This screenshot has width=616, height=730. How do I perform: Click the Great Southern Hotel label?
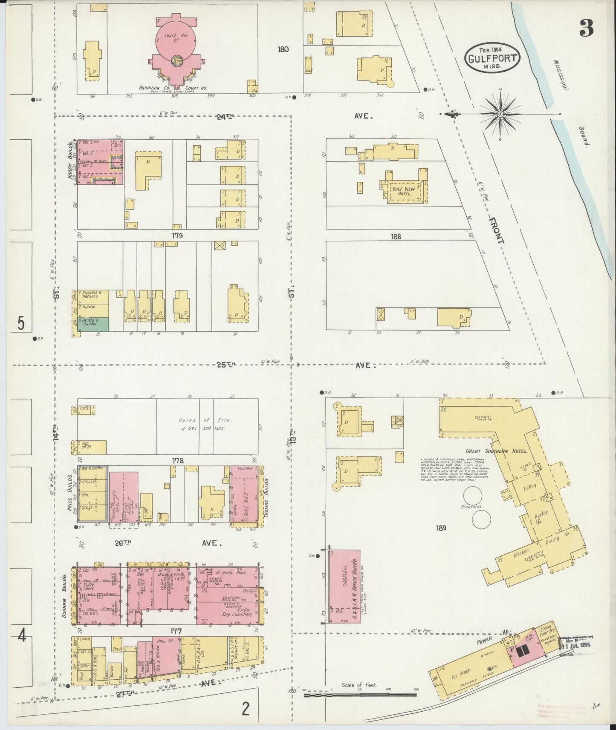pos(497,451)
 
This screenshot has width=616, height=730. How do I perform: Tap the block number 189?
pos(441,528)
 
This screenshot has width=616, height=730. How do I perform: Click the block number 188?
pos(396,236)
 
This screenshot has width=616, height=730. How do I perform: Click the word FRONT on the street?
pos(497,230)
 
